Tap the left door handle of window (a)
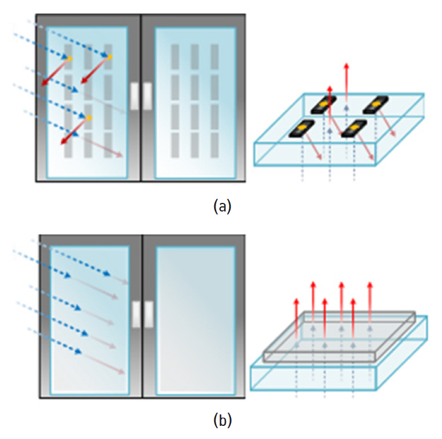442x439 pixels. pyautogui.click(x=134, y=95)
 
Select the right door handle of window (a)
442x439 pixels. pyautogui.click(x=148, y=95)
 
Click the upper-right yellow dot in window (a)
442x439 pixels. pyautogui.click(x=109, y=57)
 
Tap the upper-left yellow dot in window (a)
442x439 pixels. pyautogui.click(x=70, y=58)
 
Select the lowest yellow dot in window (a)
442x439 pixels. pyautogui.click(x=89, y=118)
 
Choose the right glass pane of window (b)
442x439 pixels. pyautogui.click(x=195, y=320)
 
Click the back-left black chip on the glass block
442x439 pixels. pyautogui.click(x=323, y=105)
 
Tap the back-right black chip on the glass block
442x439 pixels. pyautogui.click(x=376, y=105)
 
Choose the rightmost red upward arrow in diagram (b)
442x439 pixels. pyautogui.click(x=370, y=300)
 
